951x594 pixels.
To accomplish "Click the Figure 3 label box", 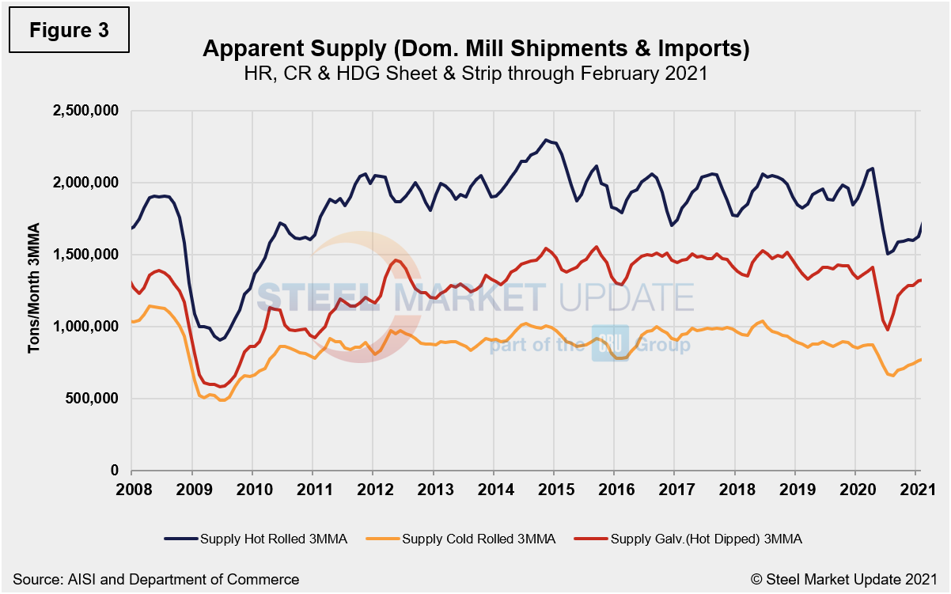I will coord(68,30).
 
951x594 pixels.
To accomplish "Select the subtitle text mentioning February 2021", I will coord(475,74).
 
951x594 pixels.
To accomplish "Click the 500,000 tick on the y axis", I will coord(91,399).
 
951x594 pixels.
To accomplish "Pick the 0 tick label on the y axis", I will coord(115,471).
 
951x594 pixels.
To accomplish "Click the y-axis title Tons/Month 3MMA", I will coord(35,290).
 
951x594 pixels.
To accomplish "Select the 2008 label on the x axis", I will coord(131,487).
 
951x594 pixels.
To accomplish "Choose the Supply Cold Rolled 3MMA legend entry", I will coord(465,539).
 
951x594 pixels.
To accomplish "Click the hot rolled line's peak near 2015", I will coord(546,140).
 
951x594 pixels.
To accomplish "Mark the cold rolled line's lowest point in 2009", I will coord(222,400).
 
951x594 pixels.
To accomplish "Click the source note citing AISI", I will coord(156,579).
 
